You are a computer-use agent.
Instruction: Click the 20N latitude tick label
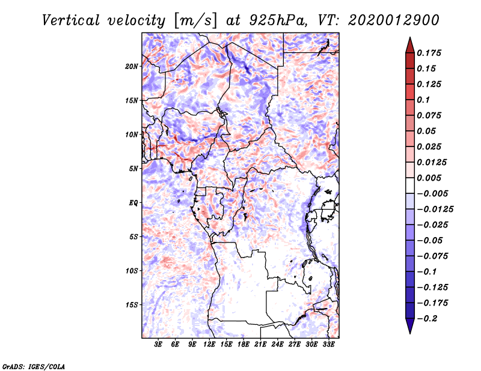[132, 66]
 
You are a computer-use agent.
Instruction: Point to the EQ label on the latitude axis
[133, 203]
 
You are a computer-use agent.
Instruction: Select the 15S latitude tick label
[132, 305]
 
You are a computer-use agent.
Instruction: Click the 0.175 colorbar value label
[430, 53]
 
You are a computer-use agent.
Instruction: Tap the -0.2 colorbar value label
[427, 319]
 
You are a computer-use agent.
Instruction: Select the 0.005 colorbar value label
[430, 178]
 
